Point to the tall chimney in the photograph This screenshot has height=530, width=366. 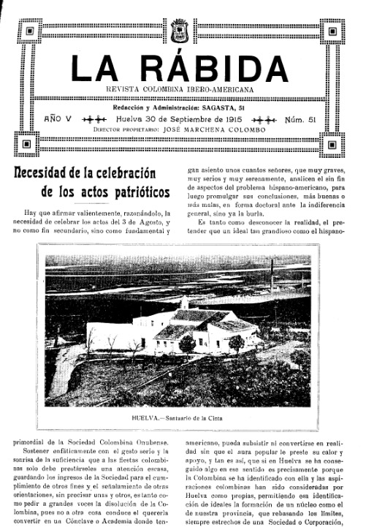coord(272,278)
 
